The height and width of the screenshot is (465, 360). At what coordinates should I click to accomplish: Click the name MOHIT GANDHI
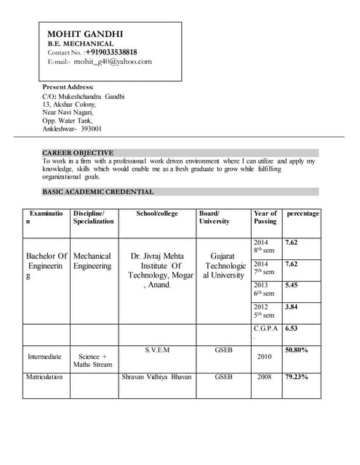pos(85,33)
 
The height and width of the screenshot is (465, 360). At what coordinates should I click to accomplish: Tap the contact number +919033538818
pos(111,52)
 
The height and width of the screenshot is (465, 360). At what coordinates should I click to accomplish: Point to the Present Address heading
pos(68,87)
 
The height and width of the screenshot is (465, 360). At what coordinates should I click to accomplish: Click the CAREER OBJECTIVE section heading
pos(77,153)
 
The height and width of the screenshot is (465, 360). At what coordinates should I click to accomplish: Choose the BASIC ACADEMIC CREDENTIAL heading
pos(97,192)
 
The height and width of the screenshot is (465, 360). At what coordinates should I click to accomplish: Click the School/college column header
pos(156,213)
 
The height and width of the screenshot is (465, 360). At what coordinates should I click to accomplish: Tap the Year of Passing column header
pos(265,217)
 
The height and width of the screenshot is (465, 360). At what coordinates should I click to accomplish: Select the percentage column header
pos(303,213)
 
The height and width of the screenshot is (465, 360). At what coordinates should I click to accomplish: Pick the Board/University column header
pos(214,217)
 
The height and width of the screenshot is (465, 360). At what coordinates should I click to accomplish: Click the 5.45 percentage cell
pos(291,285)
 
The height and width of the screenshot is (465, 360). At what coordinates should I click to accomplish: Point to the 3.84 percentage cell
pos(291,307)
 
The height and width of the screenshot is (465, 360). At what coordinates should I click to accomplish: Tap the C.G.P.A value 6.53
pos(291,328)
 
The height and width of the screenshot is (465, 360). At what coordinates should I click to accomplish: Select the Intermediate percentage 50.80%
pos(297,349)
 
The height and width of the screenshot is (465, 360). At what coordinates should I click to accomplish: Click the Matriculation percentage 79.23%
pos(297,377)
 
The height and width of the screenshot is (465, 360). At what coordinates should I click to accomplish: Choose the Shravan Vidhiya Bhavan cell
pos(156,377)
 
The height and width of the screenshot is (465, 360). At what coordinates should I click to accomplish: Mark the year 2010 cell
pos(265,357)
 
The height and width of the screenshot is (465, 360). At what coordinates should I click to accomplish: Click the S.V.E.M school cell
pos(156,349)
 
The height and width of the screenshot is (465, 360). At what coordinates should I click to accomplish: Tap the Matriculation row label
pos(45,377)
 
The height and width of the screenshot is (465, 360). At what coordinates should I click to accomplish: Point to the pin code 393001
pos(91,129)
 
